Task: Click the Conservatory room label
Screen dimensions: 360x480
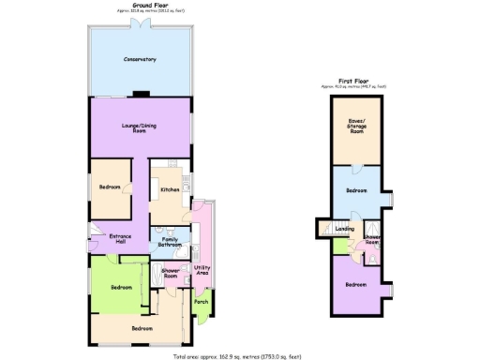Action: click(x=140, y=60)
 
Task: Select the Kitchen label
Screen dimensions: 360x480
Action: click(x=170, y=190)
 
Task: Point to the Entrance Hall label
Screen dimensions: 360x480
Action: click(x=120, y=238)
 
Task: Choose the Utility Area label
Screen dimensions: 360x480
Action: click(x=202, y=270)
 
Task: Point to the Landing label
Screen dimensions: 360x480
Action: click(x=344, y=228)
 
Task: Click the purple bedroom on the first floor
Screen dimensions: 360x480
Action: click(x=356, y=284)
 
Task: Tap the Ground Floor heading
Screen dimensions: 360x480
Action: click(x=142, y=5)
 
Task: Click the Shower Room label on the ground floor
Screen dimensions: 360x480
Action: click(x=171, y=274)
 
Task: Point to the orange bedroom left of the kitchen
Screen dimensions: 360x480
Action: click(x=109, y=187)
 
